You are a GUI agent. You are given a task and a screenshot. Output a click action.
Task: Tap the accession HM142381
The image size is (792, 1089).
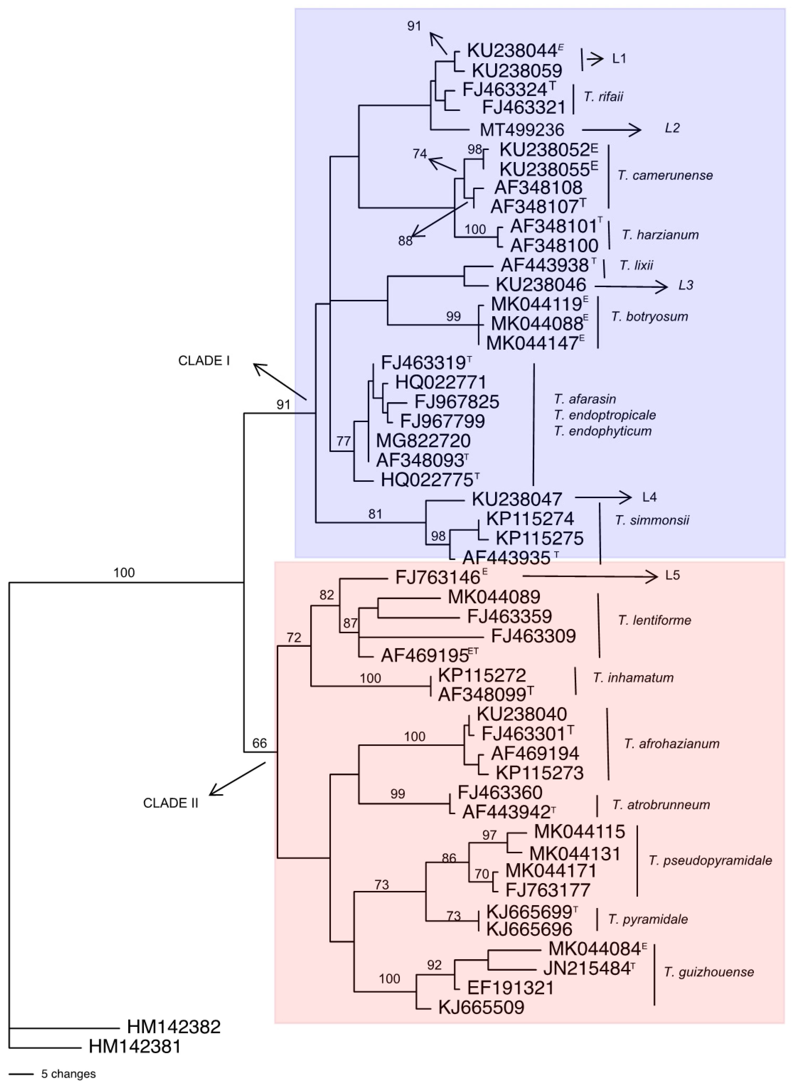(135, 1046)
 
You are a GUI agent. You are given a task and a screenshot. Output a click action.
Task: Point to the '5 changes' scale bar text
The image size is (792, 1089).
(69, 1074)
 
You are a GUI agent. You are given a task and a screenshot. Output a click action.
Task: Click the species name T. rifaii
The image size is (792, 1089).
(603, 97)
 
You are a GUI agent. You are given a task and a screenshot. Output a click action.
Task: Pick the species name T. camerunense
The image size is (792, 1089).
(665, 176)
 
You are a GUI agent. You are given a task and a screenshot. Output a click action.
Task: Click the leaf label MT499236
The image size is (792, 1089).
(522, 130)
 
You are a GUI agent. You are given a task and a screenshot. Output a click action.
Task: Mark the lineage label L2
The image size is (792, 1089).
(672, 128)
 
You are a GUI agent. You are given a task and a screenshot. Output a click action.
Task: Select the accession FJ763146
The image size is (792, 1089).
(437, 577)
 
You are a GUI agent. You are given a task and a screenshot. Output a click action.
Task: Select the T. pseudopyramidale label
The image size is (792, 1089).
(710, 860)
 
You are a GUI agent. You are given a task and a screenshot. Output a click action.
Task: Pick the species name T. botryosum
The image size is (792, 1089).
(649, 317)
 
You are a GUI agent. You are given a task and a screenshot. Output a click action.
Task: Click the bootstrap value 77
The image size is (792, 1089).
(343, 441)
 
